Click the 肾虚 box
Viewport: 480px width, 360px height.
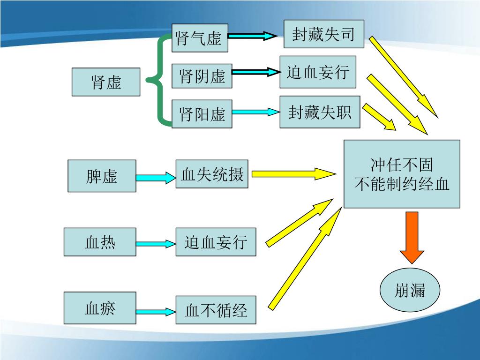(x=106, y=82)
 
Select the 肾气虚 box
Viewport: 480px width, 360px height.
(x=200, y=37)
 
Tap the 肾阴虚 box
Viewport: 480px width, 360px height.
(x=202, y=75)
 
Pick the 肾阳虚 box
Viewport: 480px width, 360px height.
(x=202, y=113)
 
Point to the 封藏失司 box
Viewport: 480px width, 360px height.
(x=323, y=34)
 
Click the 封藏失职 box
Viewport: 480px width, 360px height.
(x=320, y=112)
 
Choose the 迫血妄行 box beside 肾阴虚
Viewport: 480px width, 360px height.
(x=318, y=72)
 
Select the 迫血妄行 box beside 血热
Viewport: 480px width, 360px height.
(x=216, y=242)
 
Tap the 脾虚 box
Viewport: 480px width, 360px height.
(x=102, y=176)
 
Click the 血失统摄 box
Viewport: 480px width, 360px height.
(x=212, y=174)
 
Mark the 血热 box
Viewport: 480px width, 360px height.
(x=100, y=242)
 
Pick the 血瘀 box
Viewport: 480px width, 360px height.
(x=100, y=308)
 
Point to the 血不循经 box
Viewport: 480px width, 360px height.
(x=216, y=310)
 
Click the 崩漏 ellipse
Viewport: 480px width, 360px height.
(x=410, y=291)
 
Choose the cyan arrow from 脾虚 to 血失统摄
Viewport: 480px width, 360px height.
(x=155, y=178)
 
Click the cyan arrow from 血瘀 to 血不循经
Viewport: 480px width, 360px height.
(x=155, y=311)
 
